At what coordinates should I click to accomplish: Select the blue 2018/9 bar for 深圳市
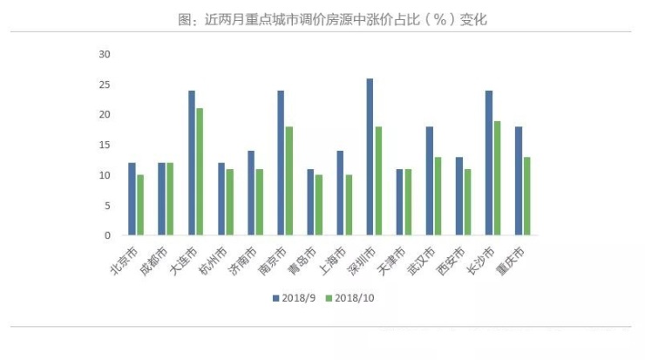click(x=370, y=157)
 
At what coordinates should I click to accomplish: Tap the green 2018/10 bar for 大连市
click(x=200, y=172)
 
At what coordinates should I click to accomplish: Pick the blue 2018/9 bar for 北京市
click(x=132, y=199)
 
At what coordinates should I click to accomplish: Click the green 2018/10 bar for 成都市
click(x=170, y=199)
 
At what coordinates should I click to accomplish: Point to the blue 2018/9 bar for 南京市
click(x=281, y=163)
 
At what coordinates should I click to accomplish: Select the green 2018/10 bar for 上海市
click(x=349, y=205)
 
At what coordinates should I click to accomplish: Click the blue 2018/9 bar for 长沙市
click(x=489, y=163)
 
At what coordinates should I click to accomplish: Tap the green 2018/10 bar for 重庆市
click(x=526, y=196)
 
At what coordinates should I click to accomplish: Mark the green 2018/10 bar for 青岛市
click(x=319, y=205)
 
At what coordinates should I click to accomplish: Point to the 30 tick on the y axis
click(x=105, y=54)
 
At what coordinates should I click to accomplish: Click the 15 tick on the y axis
click(x=105, y=145)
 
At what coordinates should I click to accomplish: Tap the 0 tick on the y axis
click(x=108, y=235)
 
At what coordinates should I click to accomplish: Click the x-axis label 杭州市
click(x=214, y=259)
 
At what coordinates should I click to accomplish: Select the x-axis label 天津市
click(x=393, y=259)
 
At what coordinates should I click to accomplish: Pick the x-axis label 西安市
click(x=452, y=259)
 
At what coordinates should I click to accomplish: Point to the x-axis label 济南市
click(x=244, y=259)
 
